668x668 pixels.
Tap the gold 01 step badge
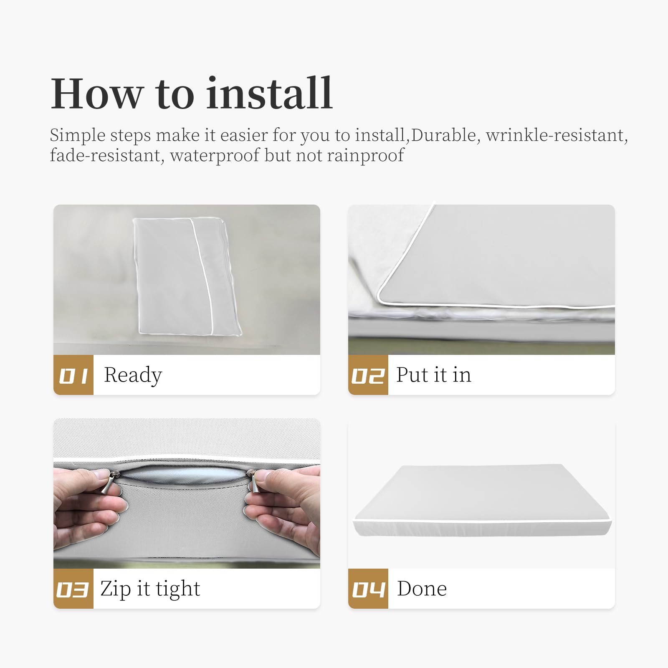73,375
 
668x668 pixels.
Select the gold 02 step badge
368,375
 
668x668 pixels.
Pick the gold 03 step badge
73,589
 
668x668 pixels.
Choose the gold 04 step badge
368,589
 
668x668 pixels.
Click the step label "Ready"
133,375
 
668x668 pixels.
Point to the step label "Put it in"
434,375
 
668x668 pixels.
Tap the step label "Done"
422,589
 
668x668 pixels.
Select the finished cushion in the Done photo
482,500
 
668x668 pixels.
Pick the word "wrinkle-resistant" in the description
557,135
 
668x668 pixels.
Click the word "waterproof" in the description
215,156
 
